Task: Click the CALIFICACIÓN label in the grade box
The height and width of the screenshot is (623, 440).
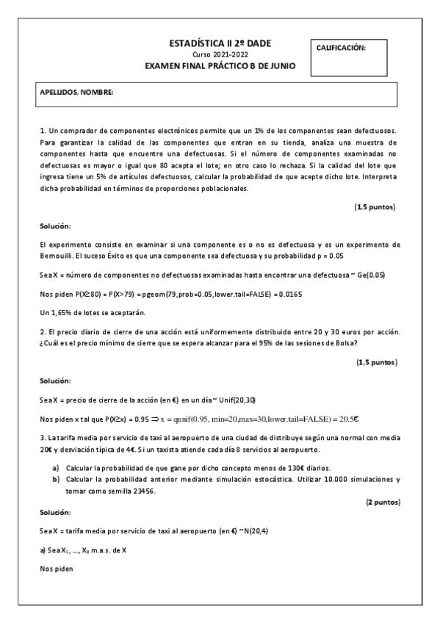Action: point(341,48)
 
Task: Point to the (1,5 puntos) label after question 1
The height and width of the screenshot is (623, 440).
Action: point(375,207)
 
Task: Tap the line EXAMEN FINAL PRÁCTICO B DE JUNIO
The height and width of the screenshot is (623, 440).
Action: point(220,65)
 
